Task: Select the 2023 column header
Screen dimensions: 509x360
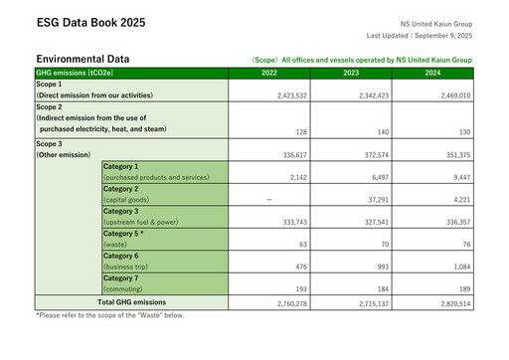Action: tap(351, 74)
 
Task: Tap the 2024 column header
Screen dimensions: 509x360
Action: tap(432, 74)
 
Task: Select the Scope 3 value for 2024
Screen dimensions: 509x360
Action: tap(452, 155)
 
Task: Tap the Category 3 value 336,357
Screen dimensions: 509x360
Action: tap(452, 223)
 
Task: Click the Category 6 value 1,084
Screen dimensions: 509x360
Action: tap(456, 268)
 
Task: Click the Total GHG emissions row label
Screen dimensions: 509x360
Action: tap(131, 302)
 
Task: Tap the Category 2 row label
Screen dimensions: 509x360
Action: tap(121, 188)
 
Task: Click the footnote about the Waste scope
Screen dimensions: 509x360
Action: tap(110, 315)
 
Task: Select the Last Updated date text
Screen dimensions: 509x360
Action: tap(419, 36)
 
